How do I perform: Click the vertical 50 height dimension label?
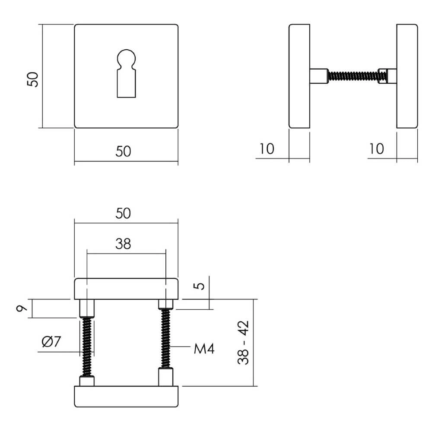[x=33, y=79]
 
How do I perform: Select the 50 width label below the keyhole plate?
[x=124, y=152]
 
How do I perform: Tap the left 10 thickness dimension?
[x=267, y=149]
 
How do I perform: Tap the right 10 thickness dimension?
[x=377, y=149]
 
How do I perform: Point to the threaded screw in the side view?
[x=353, y=76]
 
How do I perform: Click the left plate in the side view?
[x=299, y=76]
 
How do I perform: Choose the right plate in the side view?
[x=407, y=76]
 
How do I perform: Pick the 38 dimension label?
[x=123, y=245]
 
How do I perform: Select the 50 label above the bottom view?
[x=124, y=213]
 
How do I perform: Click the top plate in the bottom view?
[x=126, y=289]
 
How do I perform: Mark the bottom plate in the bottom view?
[x=126, y=397]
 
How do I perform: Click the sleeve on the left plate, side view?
[x=319, y=76]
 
